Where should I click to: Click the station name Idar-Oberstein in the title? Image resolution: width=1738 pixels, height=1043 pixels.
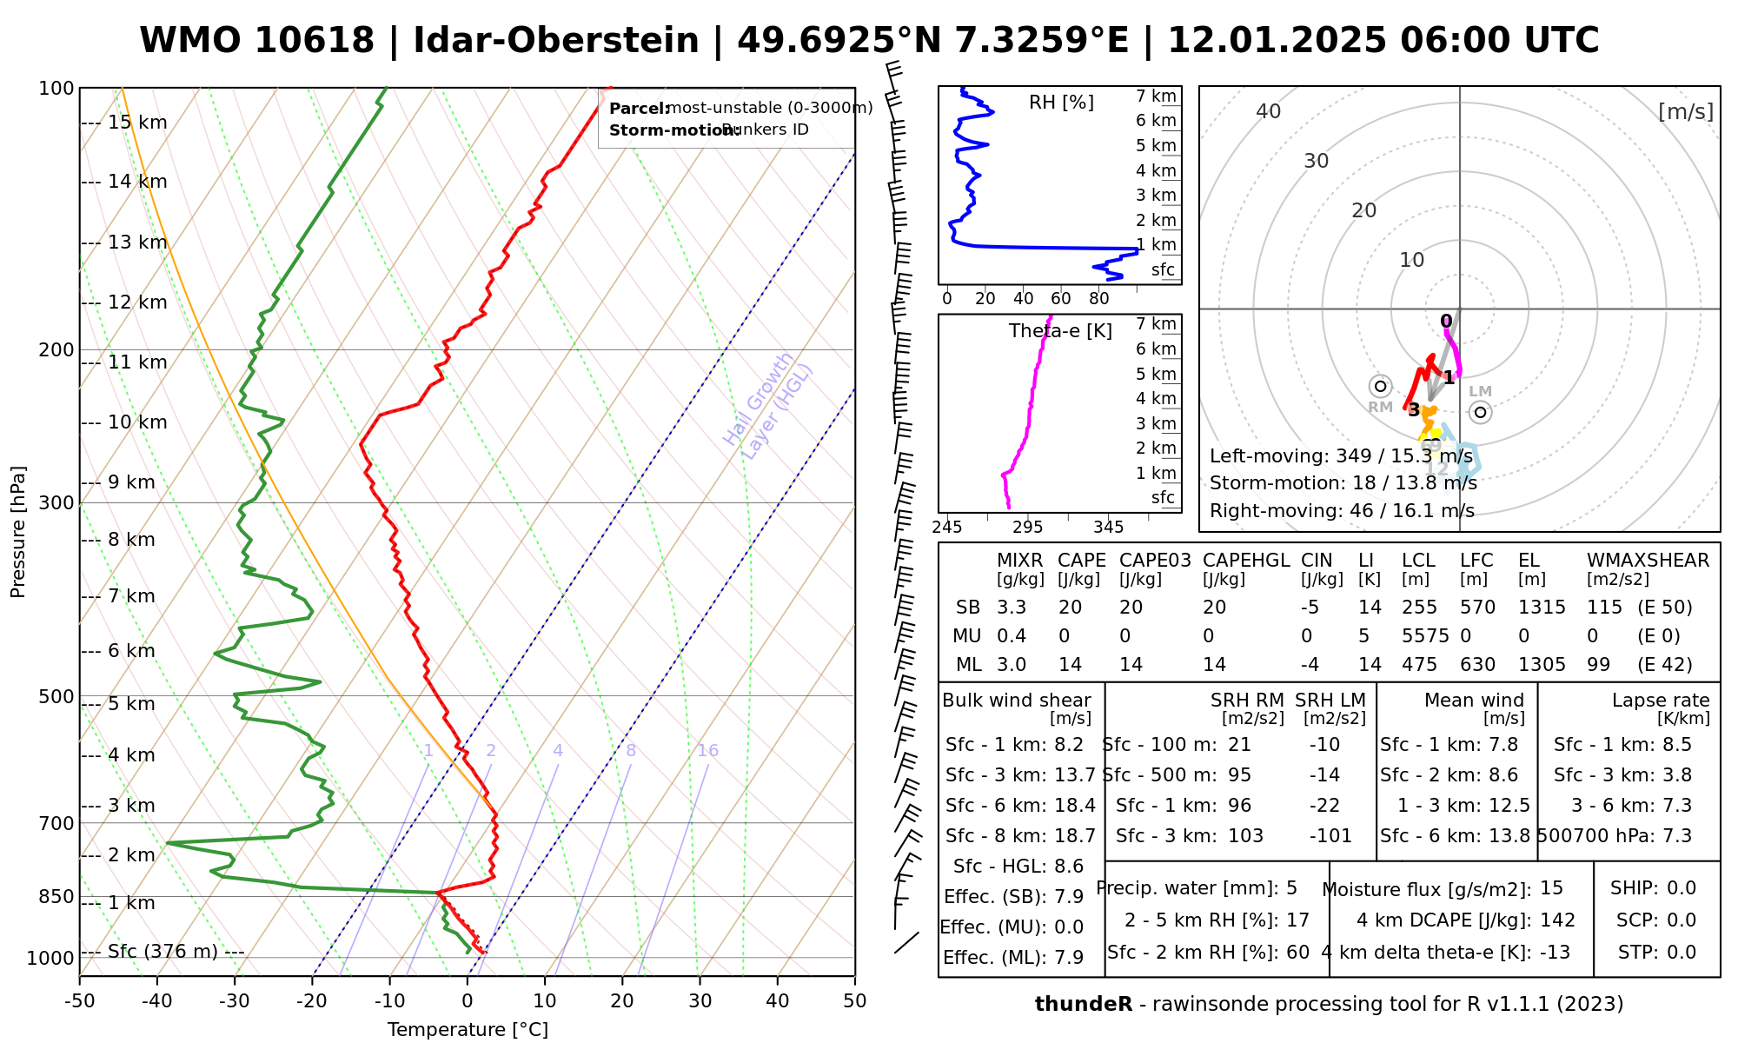click(x=555, y=41)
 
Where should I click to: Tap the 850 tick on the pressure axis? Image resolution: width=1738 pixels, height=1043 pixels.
click(x=56, y=896)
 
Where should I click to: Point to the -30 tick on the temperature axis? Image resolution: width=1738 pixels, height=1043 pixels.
click(x=235, y=1001)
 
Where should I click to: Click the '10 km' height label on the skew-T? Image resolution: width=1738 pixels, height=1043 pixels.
click(x=136, y=422)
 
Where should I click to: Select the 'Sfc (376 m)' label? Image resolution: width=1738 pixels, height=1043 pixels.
click(x=163, y=952)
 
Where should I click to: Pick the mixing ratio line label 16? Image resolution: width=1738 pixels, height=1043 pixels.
click(x=707, y=751)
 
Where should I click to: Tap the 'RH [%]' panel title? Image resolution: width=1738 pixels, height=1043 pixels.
click(x=1061, y=103)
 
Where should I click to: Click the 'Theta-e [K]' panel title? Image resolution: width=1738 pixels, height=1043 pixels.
click(x=1060, y=331)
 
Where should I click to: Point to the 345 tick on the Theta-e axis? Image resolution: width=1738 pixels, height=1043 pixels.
click(x=1109, y=528)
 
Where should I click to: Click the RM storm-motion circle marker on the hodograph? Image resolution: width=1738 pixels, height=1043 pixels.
click(x=1380, y=386)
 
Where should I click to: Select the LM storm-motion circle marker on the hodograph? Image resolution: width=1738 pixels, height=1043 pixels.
click(x=1481, y=413)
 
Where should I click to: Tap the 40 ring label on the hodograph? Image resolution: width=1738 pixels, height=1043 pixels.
click(x=1269, y=111)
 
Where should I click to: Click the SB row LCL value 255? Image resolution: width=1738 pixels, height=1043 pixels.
click(x=1420, y=608)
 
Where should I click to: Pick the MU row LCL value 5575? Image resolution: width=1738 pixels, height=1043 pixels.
click(x=1425, y=636)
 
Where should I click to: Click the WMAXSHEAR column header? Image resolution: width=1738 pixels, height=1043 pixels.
click(x=1648, y=561)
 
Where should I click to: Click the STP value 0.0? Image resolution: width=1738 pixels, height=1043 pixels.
click(x=1682, y=953)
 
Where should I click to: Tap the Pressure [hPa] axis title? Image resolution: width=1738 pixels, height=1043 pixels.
click(x=18, y=532)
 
